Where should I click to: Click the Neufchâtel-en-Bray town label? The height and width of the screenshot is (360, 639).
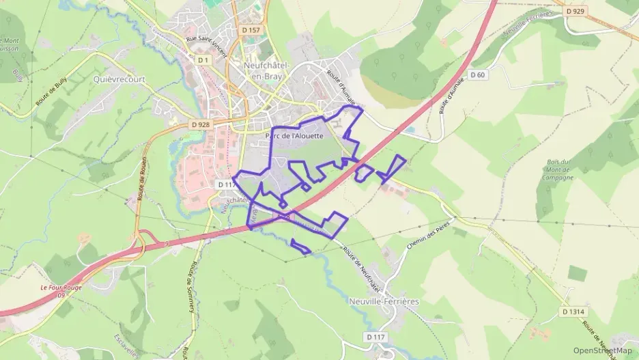pos(267,70)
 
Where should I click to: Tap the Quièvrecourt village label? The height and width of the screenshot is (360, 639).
pos(117,79)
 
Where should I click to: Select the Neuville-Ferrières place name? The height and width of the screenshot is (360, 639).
pos(383,301)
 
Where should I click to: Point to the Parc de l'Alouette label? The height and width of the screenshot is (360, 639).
pos(294,135)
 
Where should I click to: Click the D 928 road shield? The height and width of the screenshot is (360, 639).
pos(201,124)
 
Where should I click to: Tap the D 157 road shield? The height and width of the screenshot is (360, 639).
pos(251,30)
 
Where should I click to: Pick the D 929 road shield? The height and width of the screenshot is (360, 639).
pos(578,11)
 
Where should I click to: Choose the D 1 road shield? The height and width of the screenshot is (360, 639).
pos(202,60)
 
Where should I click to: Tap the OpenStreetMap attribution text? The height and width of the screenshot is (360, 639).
pos(602,350)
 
